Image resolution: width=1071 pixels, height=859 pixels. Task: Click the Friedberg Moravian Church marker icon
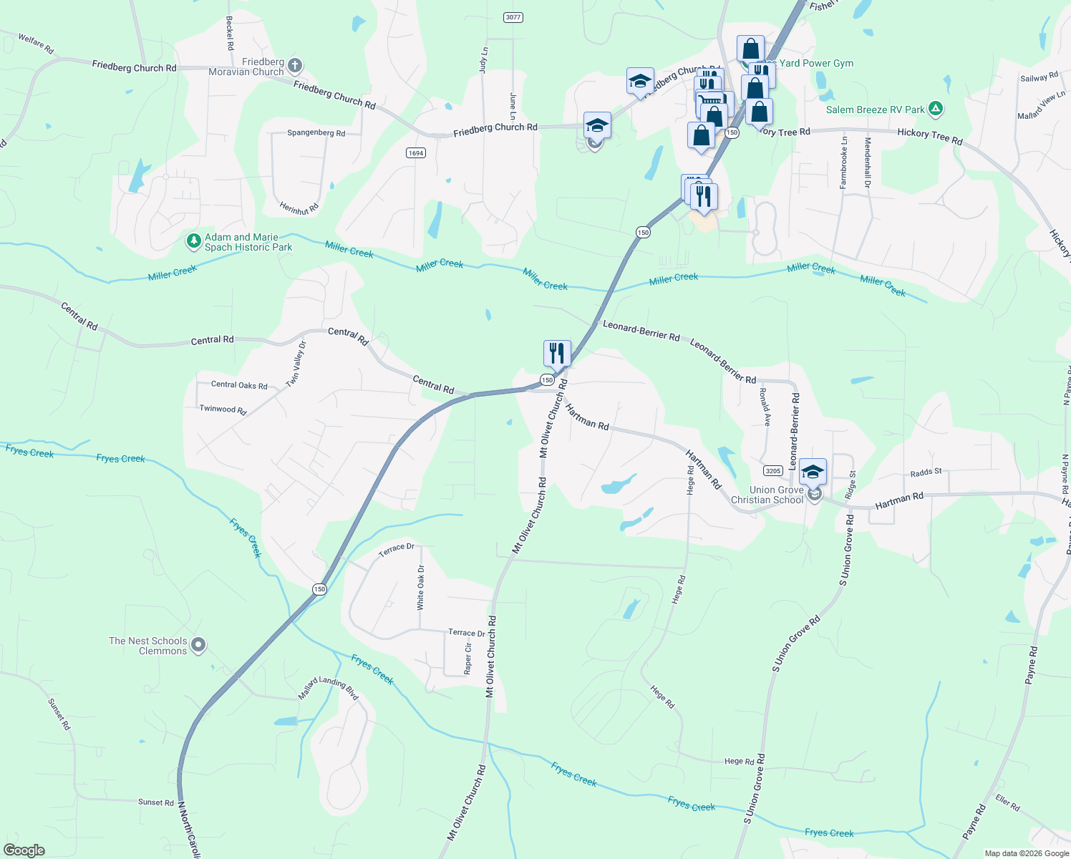[x=294, y=67]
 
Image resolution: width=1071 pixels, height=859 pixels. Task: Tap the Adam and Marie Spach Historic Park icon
[x=193, y=241]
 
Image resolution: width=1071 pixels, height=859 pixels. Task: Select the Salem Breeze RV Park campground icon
[x=935, y=110]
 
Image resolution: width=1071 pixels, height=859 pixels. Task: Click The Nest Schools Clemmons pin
[x=199, y=646]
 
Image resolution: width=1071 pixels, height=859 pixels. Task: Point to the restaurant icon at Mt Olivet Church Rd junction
[x=557, y=354]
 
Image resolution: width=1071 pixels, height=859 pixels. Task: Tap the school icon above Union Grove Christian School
[x=813, y=472]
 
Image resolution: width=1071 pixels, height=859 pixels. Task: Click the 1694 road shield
[x=416, y=152]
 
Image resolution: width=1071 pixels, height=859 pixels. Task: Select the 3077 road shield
[x=513, y=17]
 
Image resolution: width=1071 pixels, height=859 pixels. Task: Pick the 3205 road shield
[x=772, y=470]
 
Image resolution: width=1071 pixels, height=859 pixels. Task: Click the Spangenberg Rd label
[x=316, y=133]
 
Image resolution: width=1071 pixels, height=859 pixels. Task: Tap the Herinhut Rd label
[x=299, y=209]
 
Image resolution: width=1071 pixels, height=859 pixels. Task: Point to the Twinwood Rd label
[x=223, y=409]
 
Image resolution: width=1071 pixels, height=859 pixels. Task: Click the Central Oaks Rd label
[x=239, y=385]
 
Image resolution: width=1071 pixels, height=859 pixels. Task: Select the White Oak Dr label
[x=421, y=588]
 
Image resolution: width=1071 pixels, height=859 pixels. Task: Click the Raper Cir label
[x=468, y=659]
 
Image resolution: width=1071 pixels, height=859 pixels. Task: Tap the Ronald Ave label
[x=765, y=407]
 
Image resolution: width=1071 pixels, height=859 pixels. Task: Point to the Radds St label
[x=926, y=472]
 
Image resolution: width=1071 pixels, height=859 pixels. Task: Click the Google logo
[x=24, y=850]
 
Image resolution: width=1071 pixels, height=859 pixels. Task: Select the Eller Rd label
[x=1007, y=803]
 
